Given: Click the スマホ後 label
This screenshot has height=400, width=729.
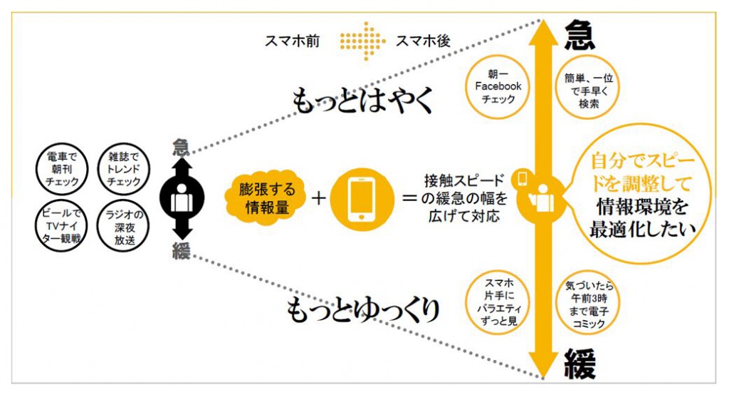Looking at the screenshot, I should click(x=423, y=41).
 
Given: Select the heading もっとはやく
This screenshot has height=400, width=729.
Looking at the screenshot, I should click(x=362, y=102).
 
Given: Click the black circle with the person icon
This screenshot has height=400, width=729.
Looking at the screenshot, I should click(x=181, y=198).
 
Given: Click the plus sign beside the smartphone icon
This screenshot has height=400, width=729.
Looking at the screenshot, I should click(x=318, y=198).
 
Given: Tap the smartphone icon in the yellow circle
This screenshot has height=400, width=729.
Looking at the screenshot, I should click(x=362, y=198).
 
